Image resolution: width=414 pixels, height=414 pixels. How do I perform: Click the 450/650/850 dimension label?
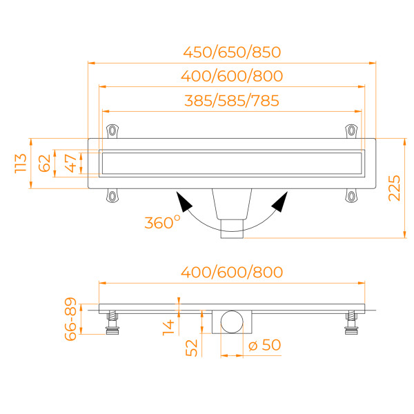click(232, 52)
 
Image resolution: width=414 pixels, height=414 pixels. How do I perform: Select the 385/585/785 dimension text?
click(232, 101)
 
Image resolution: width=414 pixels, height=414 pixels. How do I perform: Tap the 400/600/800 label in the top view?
click(232, 77)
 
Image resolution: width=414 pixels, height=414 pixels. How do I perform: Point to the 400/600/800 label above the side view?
click(232, 272)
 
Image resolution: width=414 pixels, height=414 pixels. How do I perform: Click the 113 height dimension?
click(21, 163)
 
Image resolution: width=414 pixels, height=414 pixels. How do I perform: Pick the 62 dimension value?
click(44, 163)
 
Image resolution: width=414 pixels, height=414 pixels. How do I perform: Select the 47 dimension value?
click(69, 163)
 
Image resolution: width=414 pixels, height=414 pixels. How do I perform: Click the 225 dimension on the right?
click(394, 187)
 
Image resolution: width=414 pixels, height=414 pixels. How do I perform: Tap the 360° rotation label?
click(162, 222)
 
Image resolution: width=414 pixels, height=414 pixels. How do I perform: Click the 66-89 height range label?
click(70, 319)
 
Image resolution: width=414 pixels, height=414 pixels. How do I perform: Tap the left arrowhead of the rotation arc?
click(184, 202)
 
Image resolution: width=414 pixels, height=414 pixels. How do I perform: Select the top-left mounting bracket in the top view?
click(112, 130)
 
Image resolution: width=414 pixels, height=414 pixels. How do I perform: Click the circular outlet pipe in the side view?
click(232, 322)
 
